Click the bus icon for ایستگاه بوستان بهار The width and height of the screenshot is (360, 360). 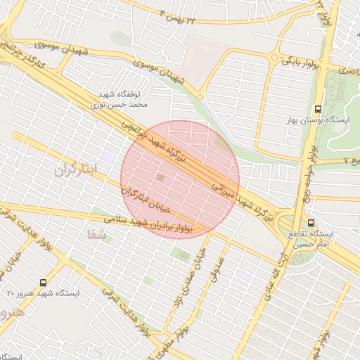pos(318,109)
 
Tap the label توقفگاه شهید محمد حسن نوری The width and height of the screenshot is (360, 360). pos(120,98)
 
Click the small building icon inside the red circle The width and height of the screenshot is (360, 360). pos(163,179)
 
